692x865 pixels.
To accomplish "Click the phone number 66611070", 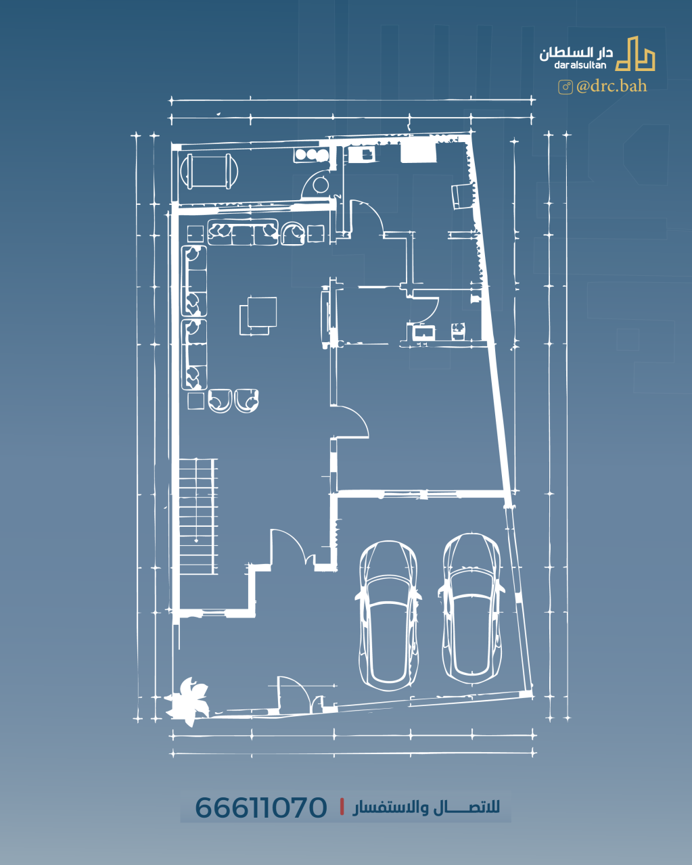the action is click(261, 808).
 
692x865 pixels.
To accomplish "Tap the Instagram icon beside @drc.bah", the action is click(566, 87).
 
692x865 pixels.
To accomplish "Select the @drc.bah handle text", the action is click(612, 87).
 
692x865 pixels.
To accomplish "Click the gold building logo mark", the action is click(635, 54).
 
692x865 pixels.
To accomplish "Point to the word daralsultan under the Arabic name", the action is click(580, 65).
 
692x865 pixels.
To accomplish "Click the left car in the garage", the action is click(388, 615).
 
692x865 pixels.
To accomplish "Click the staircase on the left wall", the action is click(198, 517).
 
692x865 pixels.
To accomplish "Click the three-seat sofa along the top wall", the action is click(243, 232).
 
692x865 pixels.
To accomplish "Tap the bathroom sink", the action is click(424, 332).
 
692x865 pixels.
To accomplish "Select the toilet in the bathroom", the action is click(458, 331).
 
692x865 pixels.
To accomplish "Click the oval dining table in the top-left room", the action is click(209, 171).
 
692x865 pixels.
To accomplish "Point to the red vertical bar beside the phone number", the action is click(342, 807).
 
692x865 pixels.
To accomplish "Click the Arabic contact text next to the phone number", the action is click(426, 807).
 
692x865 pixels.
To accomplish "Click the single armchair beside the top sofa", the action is click(293, 233).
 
